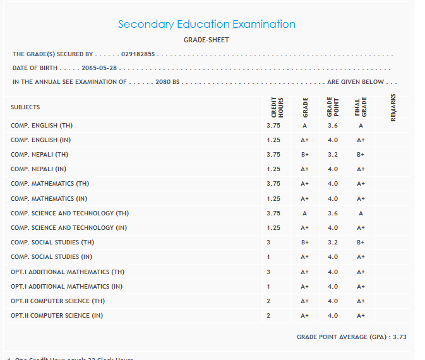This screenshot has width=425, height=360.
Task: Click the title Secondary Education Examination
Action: tap(207, 24)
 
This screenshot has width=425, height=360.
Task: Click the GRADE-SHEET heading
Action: tap(207, 40)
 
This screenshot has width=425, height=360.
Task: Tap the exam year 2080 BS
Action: tap(167, 82)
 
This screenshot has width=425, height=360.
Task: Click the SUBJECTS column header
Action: tap(25, 107)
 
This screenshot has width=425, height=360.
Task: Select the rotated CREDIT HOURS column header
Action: tap(277, 106)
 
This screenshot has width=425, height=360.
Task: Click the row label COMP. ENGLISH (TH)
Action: tap(42, 126)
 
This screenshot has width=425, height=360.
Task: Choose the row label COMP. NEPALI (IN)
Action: tap(39, 169)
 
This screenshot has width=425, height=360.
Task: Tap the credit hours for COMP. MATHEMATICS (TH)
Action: tap(273, 184)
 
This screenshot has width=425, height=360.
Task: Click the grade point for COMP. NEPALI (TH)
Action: tap(333, 155)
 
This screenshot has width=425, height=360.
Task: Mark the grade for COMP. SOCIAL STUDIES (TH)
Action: tap(305, 242)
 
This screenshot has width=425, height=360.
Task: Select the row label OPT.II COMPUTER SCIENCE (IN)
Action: tap(57, 315)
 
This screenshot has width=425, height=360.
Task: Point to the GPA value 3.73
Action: tap(400, 337)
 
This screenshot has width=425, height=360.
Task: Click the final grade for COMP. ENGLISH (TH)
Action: tap(361, 126)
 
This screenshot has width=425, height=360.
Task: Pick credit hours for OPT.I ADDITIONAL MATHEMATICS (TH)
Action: tap(268, 272)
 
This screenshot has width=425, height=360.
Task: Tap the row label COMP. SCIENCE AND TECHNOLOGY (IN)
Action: tap(69, 227)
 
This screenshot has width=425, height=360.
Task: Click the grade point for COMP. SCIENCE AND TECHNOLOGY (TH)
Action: tap(333, 213)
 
